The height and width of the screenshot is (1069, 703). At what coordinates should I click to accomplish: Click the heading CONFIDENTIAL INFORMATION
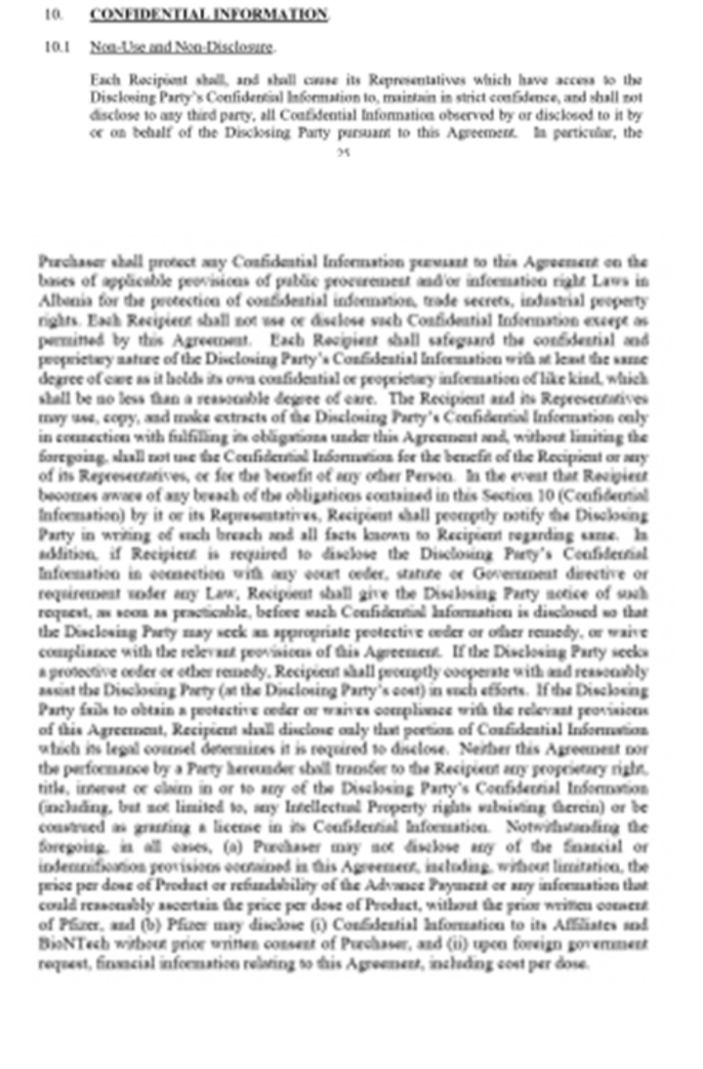click(x=208, y=15)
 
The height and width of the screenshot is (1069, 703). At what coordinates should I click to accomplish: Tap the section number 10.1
click(x=55, y=47)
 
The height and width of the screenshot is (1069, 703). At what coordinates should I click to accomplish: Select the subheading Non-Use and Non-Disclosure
click(x=182, y=47)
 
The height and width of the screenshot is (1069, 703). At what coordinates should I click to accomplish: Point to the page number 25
click(x=343, y=152)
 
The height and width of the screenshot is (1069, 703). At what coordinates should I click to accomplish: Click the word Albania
click(x=62, y=299)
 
